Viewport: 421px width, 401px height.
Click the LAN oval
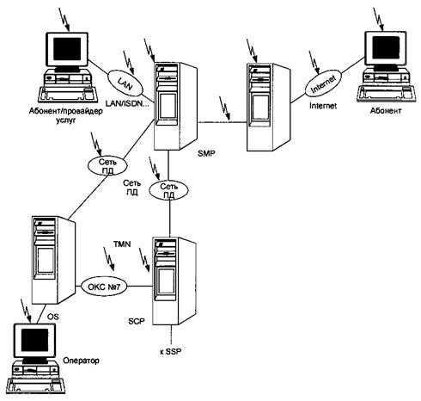pyautogui.click(x=125, y=83)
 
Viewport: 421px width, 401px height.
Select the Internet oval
pyautogui.click(x=323, y=83)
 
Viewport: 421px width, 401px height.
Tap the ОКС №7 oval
pyautogui.click(x=104, y=287)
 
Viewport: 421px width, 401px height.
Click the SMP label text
pyautogui.click(x=206, y=154)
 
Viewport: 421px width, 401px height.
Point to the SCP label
pyautogui.click(x=137, y=322)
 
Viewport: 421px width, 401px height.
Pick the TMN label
pyautogui.click(x=122, y=244)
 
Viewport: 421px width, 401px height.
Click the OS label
pyautogui.click(x=52, y=317)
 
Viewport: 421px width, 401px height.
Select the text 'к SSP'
pyautogui.click(x=171, y=351)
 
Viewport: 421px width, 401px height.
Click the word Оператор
pyautogui.click(x=81, y=361)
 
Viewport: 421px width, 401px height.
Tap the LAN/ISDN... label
pyautogui.click(x=127, y=103)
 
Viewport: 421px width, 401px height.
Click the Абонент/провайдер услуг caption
pyautogui.click(x=65, y=115)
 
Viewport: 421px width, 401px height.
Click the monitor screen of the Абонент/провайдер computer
pyautogui.click(x=67, y=48)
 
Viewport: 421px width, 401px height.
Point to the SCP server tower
pyautogui.click(x=174, y=281)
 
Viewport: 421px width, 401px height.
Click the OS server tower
pyautogui.click(x=54, y=260)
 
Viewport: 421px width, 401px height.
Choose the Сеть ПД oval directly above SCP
pyautogui.click(x=169, y=190)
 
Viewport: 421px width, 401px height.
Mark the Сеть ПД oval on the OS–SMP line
pyautogui.click(x=107, y=166)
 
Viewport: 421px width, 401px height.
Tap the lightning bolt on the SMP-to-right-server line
pyautogui.click(x=224, y=108)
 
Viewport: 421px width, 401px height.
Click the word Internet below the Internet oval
pyautogui.click(x=323, y=106)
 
